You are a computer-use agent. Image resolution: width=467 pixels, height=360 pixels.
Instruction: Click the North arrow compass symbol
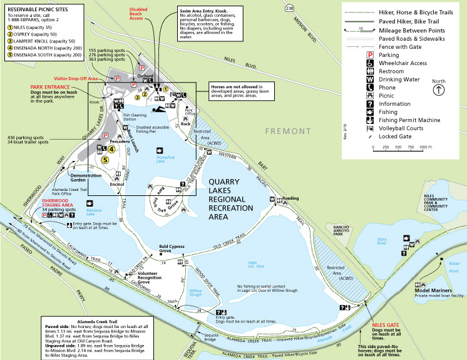pos(439,90)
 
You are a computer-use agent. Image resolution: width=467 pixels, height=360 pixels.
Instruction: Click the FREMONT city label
pos(287,131)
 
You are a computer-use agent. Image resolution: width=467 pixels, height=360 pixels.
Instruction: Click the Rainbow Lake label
pos(95,212)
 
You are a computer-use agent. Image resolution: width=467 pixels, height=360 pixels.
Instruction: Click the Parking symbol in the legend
pos(370,54)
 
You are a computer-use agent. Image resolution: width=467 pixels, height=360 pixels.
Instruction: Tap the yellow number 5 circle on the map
pos(105,160)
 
